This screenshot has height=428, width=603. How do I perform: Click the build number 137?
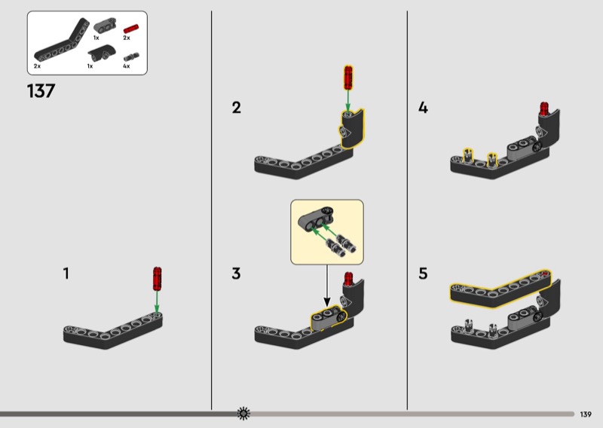point(41,91)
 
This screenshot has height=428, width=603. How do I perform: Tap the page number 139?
point(586,414)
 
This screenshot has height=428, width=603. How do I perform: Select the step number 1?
point(66,274)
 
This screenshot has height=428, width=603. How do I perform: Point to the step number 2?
point(237,107)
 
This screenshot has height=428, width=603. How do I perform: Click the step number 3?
point(236,274)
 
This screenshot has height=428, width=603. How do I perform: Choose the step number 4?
point(423,107)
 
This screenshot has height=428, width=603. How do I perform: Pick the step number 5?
point(423,274)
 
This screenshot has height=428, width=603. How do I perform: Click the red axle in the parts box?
point(130,29)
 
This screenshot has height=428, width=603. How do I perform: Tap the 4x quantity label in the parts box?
point(127,66)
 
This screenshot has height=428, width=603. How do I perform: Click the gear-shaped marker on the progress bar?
point(243,414)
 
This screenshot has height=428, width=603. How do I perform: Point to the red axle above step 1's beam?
point(157,279)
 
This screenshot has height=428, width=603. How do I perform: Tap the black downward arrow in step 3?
point(327,286)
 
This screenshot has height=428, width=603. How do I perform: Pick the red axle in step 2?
point(348,78)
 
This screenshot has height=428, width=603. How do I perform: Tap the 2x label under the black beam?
point(37,66)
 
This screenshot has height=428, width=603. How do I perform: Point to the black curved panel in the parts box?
point(102,52)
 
